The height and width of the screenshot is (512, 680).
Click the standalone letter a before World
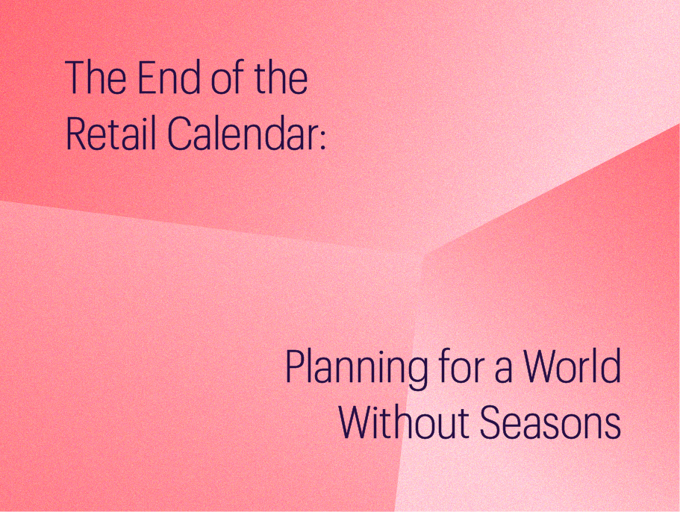pos(503,371)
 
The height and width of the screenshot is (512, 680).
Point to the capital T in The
pos(75,78)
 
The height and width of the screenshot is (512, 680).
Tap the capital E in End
pos(148,78)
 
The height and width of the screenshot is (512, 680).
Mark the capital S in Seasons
pos(492,422)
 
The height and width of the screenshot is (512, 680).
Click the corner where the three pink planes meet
pos(424,254)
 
